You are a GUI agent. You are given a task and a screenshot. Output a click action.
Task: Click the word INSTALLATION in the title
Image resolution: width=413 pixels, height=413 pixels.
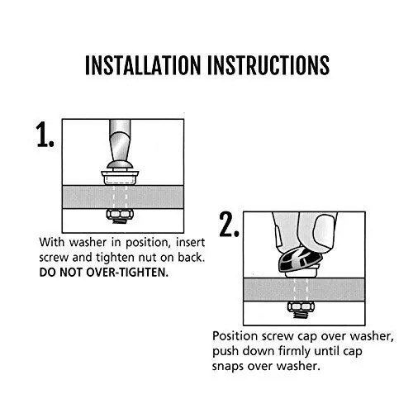pyautogui.click(x=143, y=65)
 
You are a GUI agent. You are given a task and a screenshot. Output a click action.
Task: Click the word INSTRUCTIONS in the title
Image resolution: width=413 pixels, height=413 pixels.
pyautogui.click(x=268, y=65)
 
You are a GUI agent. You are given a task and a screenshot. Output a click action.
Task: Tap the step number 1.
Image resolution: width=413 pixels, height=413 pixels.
pyautogui.click(x=45, y=135)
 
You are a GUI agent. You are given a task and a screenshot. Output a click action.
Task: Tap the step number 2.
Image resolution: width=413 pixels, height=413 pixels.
pyautogui.click(x=229, y=225)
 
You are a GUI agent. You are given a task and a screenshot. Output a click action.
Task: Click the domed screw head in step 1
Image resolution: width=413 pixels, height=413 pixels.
pyautogui.click(x=120, y=165)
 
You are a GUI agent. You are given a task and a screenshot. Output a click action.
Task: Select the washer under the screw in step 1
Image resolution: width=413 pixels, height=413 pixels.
pyautogui.click(x=120, y=178)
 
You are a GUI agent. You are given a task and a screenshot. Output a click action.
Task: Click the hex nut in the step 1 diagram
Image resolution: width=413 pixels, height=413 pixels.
pyautogui.click(x=120, y=214)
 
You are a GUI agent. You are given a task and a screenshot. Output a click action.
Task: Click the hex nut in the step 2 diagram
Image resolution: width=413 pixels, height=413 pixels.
pyautogui.click(x=301, y=306)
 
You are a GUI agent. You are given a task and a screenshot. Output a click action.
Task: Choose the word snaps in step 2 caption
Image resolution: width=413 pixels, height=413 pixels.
pyautogui.click(x=228, y=367)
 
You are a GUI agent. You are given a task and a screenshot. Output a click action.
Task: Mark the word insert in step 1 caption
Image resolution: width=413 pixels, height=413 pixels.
pyautogui.click(x=190, y=243)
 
